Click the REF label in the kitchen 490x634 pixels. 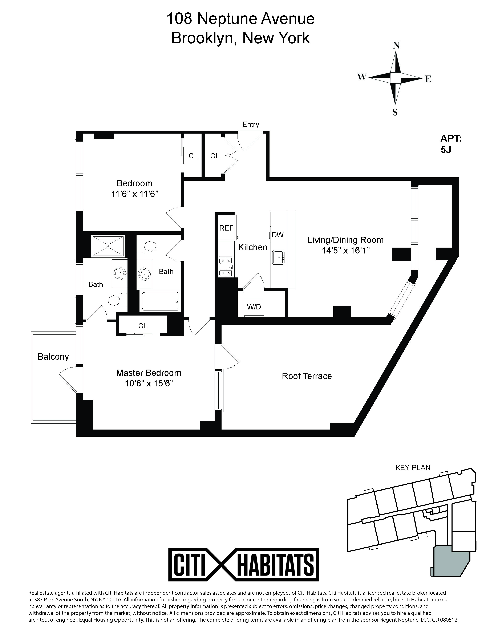click(226, 228)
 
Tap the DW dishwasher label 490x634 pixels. click(278, 235)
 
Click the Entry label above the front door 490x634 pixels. click(251, 125)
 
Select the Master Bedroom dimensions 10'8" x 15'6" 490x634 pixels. click(149, 383)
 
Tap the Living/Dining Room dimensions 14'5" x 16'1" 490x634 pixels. click(345, 250)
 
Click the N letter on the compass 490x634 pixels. click(396, 46)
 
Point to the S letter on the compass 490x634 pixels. click(395, 112)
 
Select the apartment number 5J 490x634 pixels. click(446, 150)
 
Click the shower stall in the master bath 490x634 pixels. click(108, 246)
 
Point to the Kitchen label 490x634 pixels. click(252, 247)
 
